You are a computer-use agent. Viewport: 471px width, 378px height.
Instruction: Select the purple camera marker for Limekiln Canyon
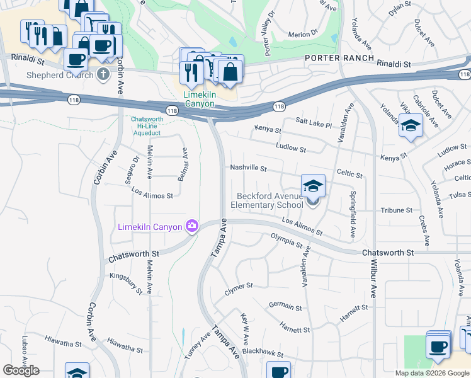coord(191,226)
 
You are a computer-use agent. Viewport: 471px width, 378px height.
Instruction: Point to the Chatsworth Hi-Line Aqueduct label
coord(145,126)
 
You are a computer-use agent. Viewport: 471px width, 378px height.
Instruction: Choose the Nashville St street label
coord(248,169)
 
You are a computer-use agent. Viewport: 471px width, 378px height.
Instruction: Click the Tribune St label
coord(396,210)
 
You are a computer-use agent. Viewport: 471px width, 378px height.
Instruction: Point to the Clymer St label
coord(239,289)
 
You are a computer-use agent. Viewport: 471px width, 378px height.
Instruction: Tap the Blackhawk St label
coord(263,355)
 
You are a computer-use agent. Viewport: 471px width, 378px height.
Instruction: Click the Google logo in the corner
coord(21,370)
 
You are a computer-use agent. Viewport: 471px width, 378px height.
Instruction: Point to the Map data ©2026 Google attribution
coord(431,373)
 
